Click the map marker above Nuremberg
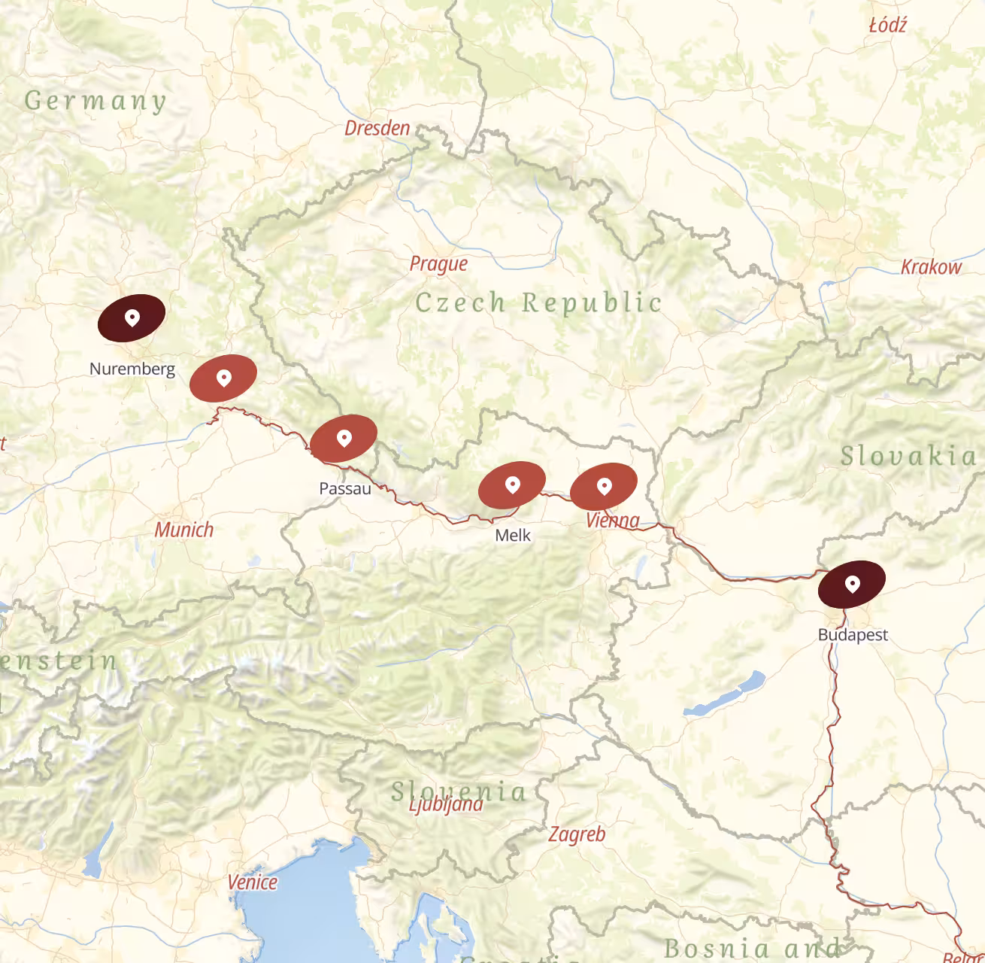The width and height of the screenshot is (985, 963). click(x=132, y=318)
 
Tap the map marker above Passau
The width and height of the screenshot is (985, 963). click(x=344, y=438)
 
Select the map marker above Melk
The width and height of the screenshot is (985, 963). click(x=512, y=485)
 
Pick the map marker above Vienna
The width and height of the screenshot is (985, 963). click(x=604, y=487)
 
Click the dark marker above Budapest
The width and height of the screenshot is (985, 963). click(x=852, y=584)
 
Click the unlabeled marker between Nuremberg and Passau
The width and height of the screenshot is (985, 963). click(x=223, y=378)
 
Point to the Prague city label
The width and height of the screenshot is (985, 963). click(x=438, y=264)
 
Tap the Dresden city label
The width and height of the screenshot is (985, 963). click(x=377, y=129)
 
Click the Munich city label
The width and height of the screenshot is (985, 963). click(x=184, y=530)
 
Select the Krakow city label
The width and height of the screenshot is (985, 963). click(x=931, y=267)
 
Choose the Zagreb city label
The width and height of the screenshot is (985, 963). click(x=577, y=834)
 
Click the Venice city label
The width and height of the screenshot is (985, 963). click(x=253, y=882)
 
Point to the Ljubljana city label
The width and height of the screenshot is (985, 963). click(x=446, y=805)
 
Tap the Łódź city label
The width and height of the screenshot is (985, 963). click(x=888, y=26)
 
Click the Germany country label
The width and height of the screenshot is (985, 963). click(x=95, y=101)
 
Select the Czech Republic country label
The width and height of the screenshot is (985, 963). click(x=538, y=302)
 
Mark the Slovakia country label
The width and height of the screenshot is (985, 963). click(x=908, y=456)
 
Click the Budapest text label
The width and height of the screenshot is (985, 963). click(x=853, y=635)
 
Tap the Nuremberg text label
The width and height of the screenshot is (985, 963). click(x=132, y=369)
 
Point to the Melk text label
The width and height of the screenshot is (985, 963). click(x=513, y=535)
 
